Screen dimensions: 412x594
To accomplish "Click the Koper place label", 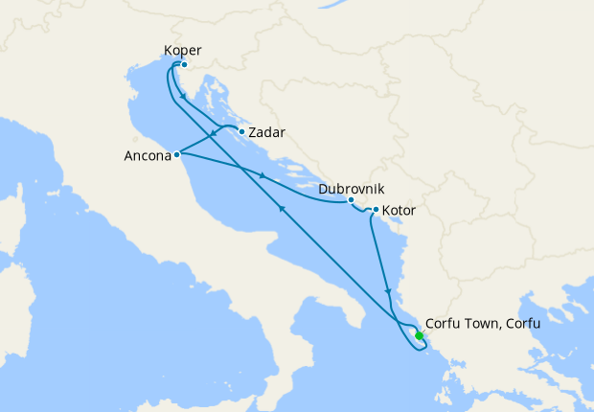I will click(x=183, y=51).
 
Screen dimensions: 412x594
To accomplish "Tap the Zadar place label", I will click(x=267, y=133).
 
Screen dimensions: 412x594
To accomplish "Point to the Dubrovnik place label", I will click(x=352, y=190).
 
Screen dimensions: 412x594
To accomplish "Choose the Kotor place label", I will click(x=400, y=210).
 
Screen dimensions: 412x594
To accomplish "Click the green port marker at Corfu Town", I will click(x=419, y=335).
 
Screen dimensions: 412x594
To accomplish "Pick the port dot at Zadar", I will click(x=241, y=131).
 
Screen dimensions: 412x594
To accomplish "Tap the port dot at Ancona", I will click(x=177, y=154).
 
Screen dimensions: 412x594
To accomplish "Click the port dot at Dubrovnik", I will click(x=351, y=200).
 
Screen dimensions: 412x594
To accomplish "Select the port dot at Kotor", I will click(x=375, y=210).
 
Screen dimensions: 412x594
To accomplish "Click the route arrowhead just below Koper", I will click(x=183, y=97).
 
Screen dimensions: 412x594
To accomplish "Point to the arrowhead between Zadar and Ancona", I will click(x=213, y=134).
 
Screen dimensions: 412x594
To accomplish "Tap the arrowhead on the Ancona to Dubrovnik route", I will click(x=262, y=175).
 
